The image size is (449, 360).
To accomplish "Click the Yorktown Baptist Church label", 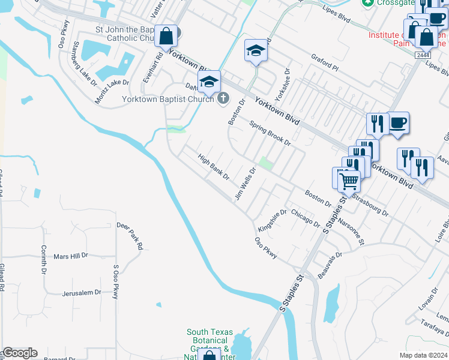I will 167,99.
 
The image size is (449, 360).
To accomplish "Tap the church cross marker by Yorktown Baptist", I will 223,98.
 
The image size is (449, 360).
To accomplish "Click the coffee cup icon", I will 397,123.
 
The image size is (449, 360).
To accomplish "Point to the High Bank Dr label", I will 214,166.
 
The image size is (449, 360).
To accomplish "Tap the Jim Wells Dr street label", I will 246,183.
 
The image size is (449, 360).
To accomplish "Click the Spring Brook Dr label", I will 270,134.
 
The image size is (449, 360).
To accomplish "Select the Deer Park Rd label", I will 130,235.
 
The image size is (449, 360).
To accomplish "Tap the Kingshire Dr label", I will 273,221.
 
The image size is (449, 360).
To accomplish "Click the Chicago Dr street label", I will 305,218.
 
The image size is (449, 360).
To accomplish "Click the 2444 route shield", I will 422,55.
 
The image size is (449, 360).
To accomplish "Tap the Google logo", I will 19,353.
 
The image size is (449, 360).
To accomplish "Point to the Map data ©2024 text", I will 423,355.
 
